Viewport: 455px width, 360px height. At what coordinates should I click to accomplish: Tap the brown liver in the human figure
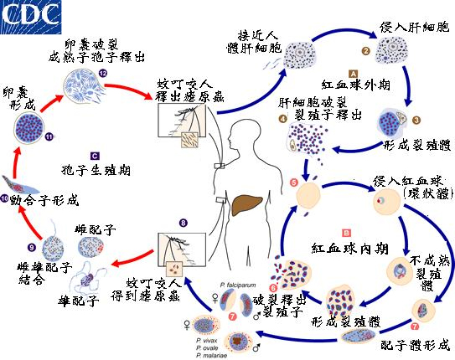pos(251,206)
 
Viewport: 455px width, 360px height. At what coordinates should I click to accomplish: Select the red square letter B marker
pos(345,229)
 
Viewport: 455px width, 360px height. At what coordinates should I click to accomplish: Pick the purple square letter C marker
pos(95,155)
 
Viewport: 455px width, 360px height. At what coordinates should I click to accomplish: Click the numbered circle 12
pos(103,74)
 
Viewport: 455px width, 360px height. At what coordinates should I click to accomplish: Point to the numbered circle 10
pos(5,199)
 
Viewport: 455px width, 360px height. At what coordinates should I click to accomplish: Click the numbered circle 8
pos(183,224)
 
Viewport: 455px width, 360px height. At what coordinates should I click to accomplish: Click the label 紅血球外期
pos(355,85)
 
